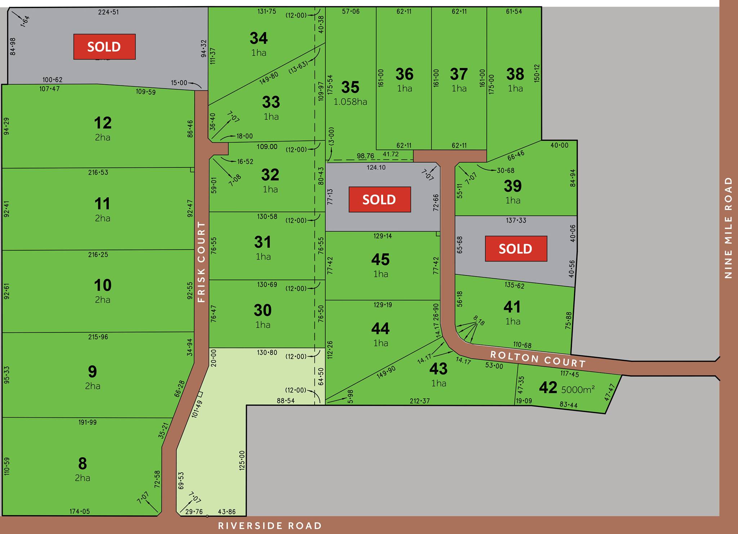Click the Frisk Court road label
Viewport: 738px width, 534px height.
201,262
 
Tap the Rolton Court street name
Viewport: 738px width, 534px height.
537,359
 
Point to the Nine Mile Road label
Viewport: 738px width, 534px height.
728,228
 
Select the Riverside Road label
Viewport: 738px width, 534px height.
270,526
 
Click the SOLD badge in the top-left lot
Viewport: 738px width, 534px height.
104,47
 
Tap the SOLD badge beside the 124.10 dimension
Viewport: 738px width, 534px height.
379,199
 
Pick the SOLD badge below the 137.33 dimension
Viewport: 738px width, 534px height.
516,249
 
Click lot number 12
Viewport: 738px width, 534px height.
103,123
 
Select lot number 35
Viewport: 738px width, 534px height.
350,87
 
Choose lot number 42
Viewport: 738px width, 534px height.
548,388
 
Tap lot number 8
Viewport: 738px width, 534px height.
83,464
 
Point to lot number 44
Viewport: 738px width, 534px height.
380,328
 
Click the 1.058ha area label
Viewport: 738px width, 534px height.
350,102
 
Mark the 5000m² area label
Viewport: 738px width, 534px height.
578,389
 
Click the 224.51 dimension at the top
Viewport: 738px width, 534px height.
108,12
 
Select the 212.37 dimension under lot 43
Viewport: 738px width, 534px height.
420,401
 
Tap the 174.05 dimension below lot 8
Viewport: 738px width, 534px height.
80,511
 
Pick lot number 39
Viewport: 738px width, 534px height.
513,186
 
